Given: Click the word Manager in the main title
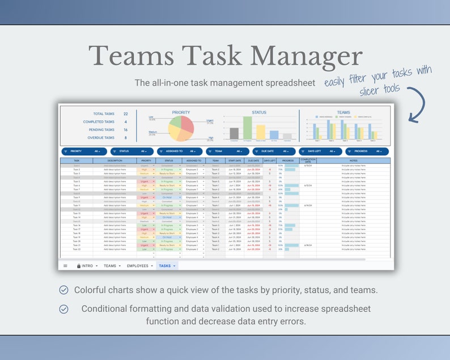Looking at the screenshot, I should (x=306, y=57).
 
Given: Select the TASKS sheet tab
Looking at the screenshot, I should (x=167, y=265).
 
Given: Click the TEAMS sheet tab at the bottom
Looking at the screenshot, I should (x=112, y=265).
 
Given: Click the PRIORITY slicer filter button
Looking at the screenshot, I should (x=83, y=151).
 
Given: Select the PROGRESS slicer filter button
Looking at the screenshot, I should (x=367, y=151).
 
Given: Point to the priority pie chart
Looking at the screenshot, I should (x=181, y=129).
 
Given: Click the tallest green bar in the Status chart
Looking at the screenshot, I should (x=247, y=128).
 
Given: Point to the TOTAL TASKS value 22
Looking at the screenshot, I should (x=125, y=114).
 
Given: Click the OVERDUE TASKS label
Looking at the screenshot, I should (x=99, y=138).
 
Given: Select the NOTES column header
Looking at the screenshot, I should (x=354, y=161).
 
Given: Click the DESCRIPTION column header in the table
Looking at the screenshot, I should (x=115, y=161).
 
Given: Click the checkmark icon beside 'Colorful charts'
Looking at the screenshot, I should (x=64, y=290).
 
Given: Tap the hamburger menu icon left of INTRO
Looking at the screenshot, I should (x=65, y=265).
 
